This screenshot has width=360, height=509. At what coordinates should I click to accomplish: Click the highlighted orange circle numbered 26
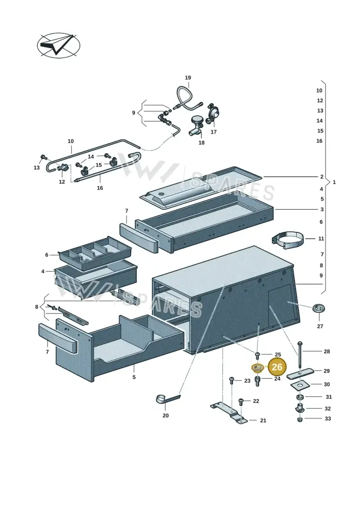[277, 367]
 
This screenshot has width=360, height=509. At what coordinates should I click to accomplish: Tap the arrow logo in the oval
[58, 45]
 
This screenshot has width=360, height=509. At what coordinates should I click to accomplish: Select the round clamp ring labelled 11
[288, 240]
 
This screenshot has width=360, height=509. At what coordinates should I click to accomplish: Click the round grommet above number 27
[319, 308]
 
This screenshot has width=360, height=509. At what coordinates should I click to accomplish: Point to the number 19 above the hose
[188, 77]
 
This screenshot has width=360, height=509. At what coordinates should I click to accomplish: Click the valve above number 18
[196, 126]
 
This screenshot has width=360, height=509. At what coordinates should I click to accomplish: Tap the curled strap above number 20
[167, 399]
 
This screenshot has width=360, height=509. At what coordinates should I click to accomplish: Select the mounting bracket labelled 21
[229, 413]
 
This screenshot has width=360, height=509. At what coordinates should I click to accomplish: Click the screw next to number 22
[241, 402]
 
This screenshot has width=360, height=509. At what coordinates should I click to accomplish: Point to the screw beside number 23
[232, 381]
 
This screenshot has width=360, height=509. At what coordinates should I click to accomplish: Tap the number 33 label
[328, 419]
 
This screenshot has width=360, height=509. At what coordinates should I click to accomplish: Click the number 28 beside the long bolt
[327, 351]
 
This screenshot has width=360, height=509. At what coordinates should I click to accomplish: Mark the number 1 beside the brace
[334, 182]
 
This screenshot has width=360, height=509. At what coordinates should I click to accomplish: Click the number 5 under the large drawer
[134, 377]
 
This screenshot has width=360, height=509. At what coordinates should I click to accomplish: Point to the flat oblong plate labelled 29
[300, 373]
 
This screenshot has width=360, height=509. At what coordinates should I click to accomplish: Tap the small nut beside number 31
[300, 397]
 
